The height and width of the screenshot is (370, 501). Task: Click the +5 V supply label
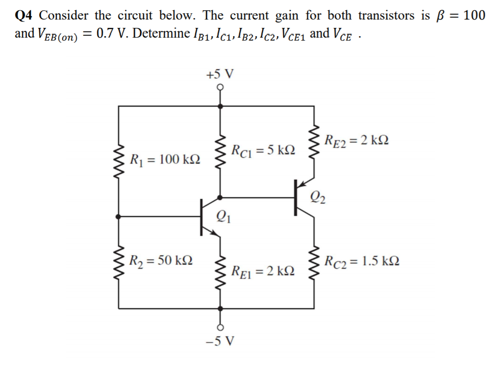[220, 75]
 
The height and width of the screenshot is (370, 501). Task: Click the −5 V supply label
[220, 340]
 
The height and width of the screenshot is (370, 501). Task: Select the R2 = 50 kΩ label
[161, 260]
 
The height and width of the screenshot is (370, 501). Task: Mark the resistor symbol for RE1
[220, 270]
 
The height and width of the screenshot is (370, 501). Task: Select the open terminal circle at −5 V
[220, 326]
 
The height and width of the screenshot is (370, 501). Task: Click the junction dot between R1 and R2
[119, 216]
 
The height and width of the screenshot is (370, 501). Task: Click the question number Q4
[24, 16]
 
